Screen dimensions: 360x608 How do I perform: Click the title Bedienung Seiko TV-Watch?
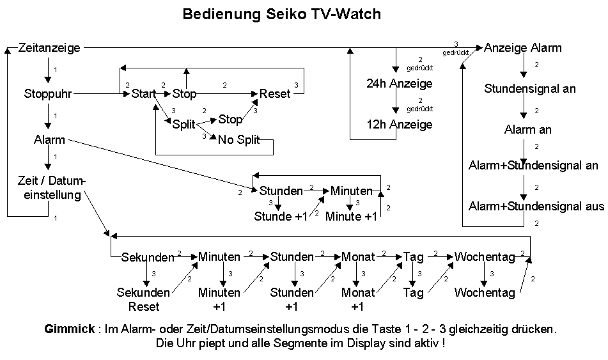(281, 14)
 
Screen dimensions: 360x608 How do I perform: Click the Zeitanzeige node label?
(49, 47)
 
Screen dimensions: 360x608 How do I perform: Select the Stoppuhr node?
(47, 94)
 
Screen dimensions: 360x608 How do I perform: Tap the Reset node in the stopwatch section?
(275, 94)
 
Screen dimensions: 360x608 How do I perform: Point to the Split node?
(183, 125)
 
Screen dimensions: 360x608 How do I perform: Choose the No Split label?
(238, 140)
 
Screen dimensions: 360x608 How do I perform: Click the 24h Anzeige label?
(399, 84)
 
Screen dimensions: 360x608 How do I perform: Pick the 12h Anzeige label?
(399, 124)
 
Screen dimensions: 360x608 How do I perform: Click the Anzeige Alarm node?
(522, 47)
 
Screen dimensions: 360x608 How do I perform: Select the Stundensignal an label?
(530, 89)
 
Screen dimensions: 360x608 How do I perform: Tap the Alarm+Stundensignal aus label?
(536, 207)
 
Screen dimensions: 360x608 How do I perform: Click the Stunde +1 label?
(281, 216)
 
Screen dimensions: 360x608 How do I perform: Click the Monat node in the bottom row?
(358, 257)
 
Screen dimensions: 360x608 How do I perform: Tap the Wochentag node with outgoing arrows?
(485, 257)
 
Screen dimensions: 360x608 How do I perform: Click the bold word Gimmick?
(68, 329)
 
